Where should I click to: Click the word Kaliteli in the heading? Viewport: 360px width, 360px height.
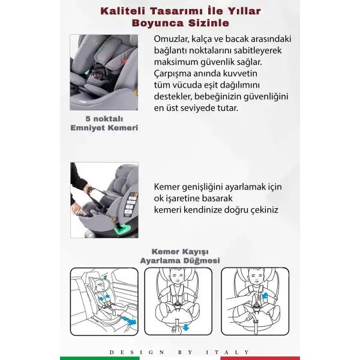tap(123, 11)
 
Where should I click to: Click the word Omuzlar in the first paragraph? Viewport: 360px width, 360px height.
tap(171, 39)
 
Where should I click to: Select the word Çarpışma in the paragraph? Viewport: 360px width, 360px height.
tap(172, 73)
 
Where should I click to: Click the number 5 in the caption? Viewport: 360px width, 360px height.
tap(88, 119)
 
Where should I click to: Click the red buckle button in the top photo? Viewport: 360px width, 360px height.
tap(97, 74)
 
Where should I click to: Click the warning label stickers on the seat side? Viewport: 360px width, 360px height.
tap(130, 205)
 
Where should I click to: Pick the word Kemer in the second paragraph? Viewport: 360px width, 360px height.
tap(167, 187)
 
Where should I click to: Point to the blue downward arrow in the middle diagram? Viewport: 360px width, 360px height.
tap(186, 327)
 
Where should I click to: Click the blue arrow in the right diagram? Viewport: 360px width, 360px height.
tap(265, 296)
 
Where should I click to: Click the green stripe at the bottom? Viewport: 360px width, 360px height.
tap(100, 358)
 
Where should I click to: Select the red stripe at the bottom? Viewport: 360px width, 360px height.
tap(260, 358)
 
